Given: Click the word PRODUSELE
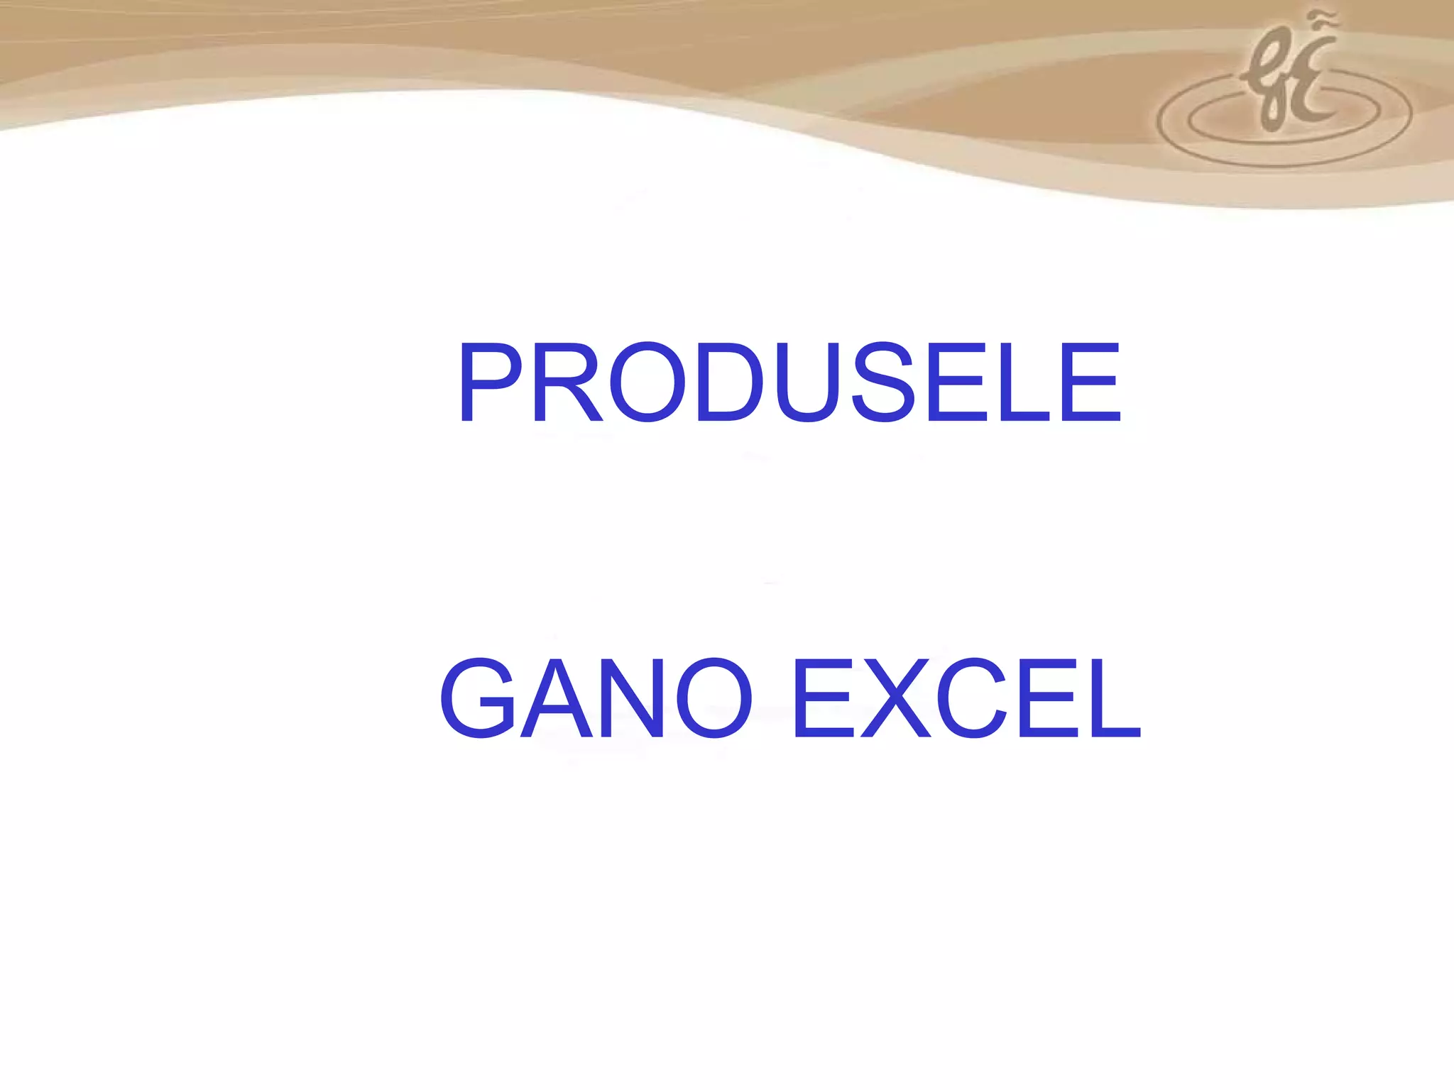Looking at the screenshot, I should coord(789,382).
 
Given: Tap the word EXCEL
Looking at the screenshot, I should coord(966,698).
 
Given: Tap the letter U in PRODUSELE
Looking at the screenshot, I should coord(808,382).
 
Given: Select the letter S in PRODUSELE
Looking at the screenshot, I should coord(884,382).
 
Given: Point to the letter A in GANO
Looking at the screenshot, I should coord(558,698).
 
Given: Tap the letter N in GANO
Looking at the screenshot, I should coord(633,698).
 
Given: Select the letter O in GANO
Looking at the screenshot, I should coord(714,698).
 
